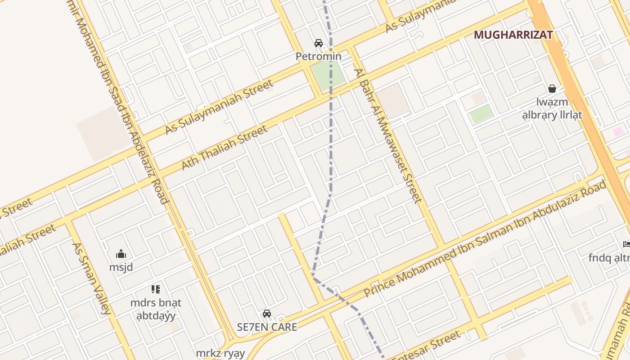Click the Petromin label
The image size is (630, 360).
click(x=318, y=57)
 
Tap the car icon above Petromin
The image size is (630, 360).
click(x=319, y=43)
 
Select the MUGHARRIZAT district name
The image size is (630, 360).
click(x=513, y=35)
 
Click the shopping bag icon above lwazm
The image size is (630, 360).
click(x=552, y=89)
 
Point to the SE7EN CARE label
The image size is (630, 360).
click(x=267, y=327)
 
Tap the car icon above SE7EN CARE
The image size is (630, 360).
click(x=267, y=314)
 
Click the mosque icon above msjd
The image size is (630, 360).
click(x=121, y=254)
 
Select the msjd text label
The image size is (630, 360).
click(x=121, y=267)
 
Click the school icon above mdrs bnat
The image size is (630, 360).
click(x=156, y=289)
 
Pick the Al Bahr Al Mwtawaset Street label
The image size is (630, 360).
click(x=388, y=135)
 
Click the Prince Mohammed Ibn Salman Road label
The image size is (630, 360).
click(x=485, y=239)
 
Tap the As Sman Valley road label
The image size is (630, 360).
click(x=91, y=279)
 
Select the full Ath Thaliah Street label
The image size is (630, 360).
click(x=224, y=148)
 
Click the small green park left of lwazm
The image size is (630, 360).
click(x=481, y=114)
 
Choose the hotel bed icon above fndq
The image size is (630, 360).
click(x=626, y=244)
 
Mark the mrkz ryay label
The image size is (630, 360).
click(x=220, y=353)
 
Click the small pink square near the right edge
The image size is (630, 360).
click(x=619, y=132)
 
